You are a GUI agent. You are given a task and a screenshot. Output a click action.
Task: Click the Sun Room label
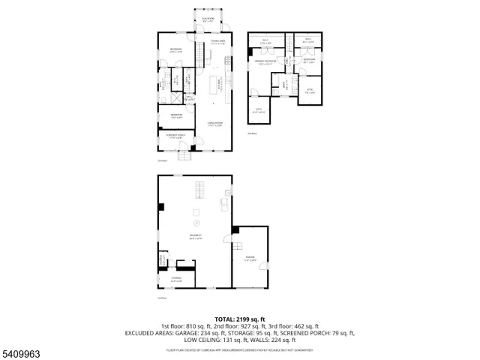click(207, 21)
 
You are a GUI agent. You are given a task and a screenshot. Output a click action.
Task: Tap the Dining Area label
click(218, 43)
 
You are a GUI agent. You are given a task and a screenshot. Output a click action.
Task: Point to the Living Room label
click(214, 124)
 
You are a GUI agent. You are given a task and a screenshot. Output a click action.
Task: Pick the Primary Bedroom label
click(267, 64)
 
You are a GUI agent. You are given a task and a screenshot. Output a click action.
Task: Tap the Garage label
click(250, 259)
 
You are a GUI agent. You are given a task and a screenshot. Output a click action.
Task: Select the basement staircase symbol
click(200, 190)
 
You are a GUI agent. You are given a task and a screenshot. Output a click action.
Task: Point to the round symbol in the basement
click(197, 223)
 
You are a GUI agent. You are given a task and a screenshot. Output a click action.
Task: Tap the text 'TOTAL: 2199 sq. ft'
click(240, 319)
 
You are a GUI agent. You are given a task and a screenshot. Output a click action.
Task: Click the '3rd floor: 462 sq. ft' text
click(293, 326)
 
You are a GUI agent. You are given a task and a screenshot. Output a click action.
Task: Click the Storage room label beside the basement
click(176, 278)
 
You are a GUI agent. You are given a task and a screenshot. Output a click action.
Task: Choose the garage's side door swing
click(238, 247)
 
